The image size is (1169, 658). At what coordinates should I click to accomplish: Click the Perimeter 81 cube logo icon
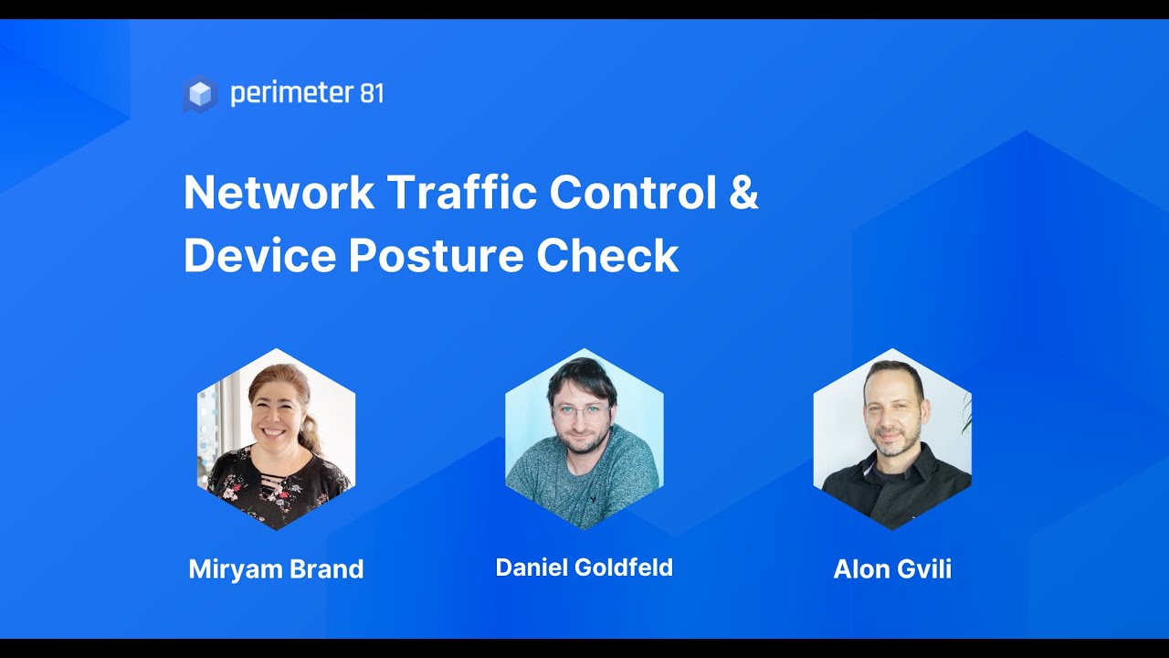pyautogui.click(x=200, y=94)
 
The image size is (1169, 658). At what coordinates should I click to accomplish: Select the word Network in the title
pyautogui.click(x=279, y=193)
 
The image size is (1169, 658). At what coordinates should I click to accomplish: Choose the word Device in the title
pyautogui.click(x=258, y=257)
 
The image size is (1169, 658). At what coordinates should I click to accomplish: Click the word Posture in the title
pyautogui.click(x=436, y=257)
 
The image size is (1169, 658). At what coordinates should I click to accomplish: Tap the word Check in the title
pyautogui.click(x=607, y=257)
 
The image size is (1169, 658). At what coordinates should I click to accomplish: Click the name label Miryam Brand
pyautogui.click(x=276, y=569)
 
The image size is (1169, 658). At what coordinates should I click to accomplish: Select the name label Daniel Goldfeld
pyautogui.click(x=584, y=568)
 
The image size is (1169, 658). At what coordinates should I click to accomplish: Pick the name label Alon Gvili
pyautogui.click(x=892, y=569)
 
